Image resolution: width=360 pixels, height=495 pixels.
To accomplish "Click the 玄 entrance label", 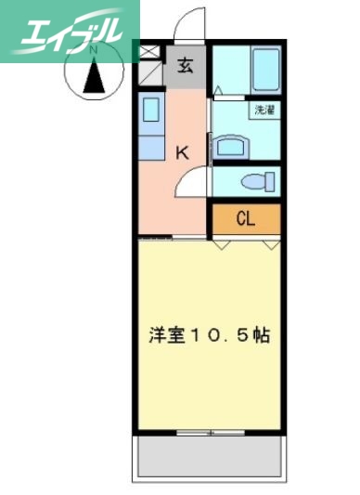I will (x=186, y=65).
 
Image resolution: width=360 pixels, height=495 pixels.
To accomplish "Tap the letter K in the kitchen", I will (x=183, y=152).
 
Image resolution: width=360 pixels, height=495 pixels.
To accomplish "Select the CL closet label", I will (x=246, y=219).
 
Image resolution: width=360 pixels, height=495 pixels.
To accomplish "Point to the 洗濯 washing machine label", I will (x=264, y=111).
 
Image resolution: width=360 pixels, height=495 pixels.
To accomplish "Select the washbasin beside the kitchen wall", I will (x=229, y=147).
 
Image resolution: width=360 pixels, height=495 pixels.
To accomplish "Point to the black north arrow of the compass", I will (x=95, y=76).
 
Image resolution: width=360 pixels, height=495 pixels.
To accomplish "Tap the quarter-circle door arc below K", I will (x=192, y=185).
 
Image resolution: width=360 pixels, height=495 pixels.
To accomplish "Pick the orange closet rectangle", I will (x=246, y=219).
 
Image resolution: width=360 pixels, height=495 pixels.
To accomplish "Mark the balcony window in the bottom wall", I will (x=208, y=432).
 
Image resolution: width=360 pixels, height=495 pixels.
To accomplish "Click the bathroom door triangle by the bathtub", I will (x=216, y=91).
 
